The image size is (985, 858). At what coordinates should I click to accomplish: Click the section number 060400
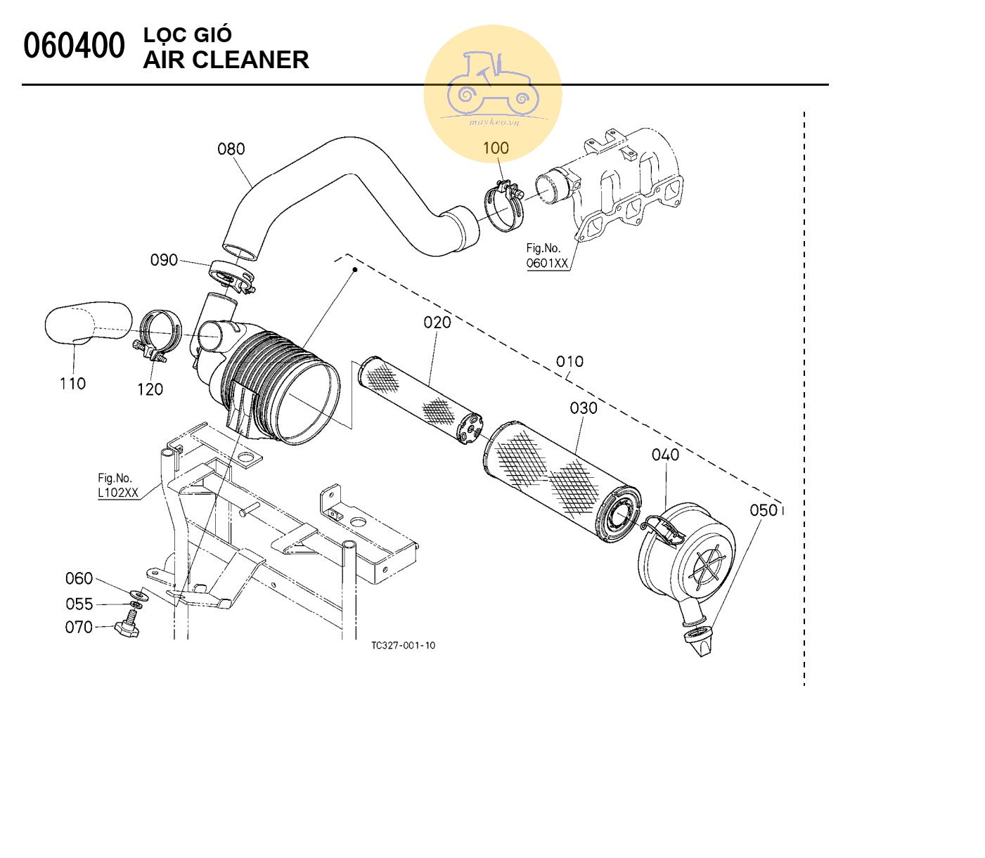(74, 46)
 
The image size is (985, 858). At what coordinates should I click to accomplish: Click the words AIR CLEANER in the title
(226, 60)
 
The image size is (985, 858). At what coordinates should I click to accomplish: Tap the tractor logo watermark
(492, 88)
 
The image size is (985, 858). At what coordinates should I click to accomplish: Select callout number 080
(231, 149)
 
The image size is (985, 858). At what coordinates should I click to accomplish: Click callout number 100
(496, 148)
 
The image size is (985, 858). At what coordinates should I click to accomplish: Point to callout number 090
(164, 260)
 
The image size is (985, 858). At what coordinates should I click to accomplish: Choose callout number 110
(72, 384)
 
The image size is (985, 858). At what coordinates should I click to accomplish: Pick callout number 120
(150, 389)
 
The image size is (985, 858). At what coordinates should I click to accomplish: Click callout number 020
(437, 323)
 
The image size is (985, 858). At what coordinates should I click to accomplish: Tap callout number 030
(583, 408)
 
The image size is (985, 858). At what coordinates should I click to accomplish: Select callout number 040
(665, 455)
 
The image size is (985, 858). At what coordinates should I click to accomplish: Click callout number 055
(79, 604)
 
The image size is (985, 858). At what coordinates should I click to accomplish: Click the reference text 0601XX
(547, 264)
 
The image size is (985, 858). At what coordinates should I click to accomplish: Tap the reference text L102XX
(118, 493)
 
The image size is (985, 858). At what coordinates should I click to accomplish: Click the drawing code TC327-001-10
(403, 645)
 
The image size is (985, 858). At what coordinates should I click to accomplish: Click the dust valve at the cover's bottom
(699, 639)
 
